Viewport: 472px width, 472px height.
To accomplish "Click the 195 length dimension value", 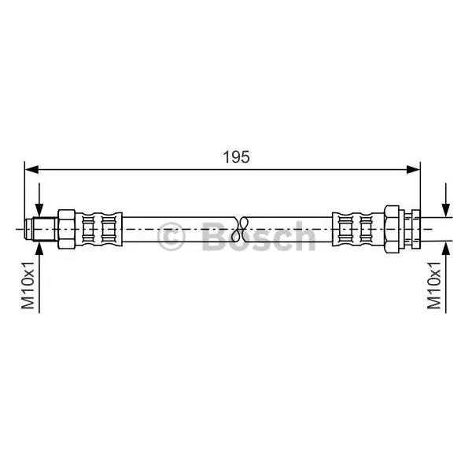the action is click(x=236, y=157).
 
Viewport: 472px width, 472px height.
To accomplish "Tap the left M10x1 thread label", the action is click(x=28, y=285).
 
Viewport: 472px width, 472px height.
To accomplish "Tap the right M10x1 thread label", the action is click(x=433, y=285).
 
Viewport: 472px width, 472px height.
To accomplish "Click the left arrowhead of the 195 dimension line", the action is click(x=31, y=169).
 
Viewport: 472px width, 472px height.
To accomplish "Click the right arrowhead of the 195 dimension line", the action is click(x=413, y=169).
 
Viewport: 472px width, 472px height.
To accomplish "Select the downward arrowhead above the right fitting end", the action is click(x=446, y=210).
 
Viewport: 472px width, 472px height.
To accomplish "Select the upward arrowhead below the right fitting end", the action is click(x=446, y=249).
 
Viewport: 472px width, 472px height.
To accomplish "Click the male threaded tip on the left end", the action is click(x=41, y=229).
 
